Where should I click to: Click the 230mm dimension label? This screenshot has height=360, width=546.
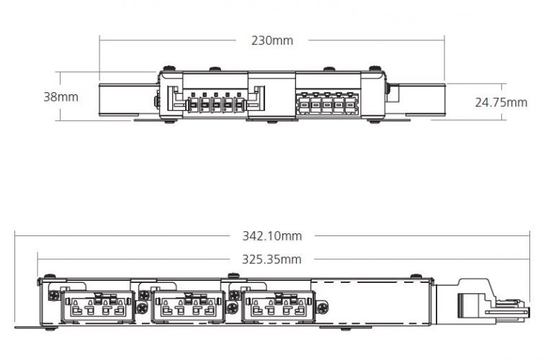[272, 40]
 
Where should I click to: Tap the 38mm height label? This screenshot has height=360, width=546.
[61, 96]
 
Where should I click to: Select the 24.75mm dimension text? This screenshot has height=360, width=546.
[501, 102]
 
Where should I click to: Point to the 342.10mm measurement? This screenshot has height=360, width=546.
[272, 236]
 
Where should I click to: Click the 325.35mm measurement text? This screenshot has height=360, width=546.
[272, 259]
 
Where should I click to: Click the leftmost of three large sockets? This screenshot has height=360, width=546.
[98, 307]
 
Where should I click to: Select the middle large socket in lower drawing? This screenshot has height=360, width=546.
[188, 307]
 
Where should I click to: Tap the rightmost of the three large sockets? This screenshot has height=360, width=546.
[278, 307]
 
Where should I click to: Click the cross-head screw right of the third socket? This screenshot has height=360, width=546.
[323, 307]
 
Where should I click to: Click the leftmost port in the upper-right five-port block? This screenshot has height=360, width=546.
[305, 104]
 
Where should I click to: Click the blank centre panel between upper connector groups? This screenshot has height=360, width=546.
[272, 95]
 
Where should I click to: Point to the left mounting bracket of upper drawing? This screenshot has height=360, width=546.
[129, 99]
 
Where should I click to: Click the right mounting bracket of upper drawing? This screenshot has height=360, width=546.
[416, 99]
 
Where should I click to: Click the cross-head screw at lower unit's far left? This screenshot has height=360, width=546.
[54, 296]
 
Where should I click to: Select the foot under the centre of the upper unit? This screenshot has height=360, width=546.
[272, 121]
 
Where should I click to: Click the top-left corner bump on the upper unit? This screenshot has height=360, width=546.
[169, 68]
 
